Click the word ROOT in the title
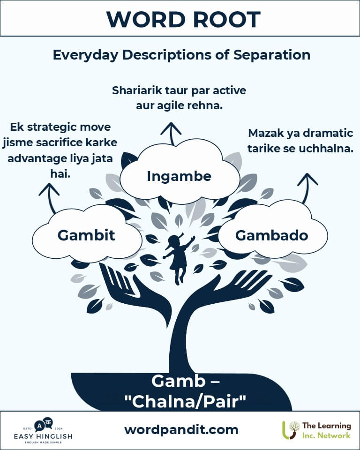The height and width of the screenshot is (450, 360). pyautogui.click(x=226, y=20)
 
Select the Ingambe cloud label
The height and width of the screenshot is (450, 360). pyautogui.click(x=179, y=176)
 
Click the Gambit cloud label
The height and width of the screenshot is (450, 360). pyautogui.click(x=86, y=235)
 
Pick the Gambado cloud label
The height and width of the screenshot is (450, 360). pyautogui.click(x=271, y=235)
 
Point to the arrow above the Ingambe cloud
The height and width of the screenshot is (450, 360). pyautogui.click(x=171, y=134)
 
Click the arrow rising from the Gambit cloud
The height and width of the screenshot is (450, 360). pyautogui.click(x=50, y=198)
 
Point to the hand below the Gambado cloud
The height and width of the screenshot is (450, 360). pyautogui.click(x=230, y=287)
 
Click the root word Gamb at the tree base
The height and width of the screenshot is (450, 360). pyautogui.click(x=179, y=381)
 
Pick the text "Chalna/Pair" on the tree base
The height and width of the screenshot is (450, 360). pyautogui.click(x=185, y=401)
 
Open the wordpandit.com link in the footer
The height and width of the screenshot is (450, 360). pyautogui.click(x=181, y=430)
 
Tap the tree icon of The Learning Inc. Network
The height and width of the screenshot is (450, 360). pyautogui.click(x=291, y=430)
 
